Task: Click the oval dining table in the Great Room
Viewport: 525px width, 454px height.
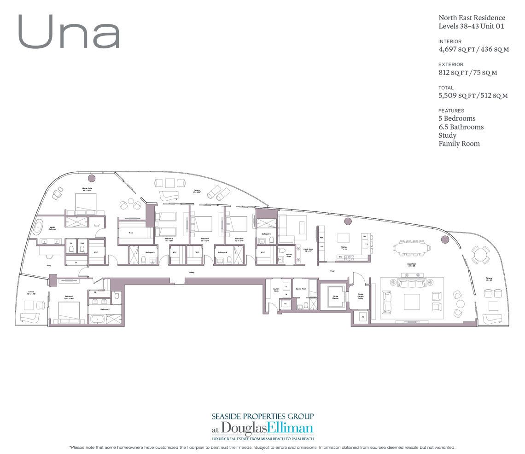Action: pyautogui.click(x=413, y=247)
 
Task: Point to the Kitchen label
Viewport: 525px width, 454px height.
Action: pyautogui.click(x=343, y=248)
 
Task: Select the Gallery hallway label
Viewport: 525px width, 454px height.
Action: pyautogui.click(x=191, y=273)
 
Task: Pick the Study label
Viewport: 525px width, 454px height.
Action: pyautogui.click(x=48, y=266)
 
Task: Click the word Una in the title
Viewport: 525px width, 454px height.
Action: pyautogui.click(x=69, y=32)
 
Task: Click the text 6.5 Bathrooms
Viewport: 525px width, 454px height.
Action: pyautogui.click(x=461, y=127)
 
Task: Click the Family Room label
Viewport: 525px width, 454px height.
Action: pyautogui.click(x=308, y=249)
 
